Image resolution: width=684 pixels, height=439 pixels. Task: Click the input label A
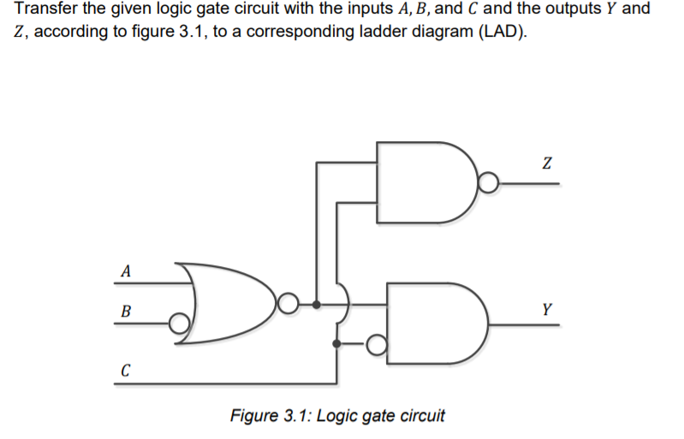[x=126, y=272]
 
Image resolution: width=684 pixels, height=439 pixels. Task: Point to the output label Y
[x=546, y=310]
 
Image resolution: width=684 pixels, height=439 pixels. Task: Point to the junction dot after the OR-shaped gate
[x=318, y=304]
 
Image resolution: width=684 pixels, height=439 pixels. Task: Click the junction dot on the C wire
[x=336, y=344]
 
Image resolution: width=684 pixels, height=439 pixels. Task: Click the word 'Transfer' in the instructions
[x=45, y=10]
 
